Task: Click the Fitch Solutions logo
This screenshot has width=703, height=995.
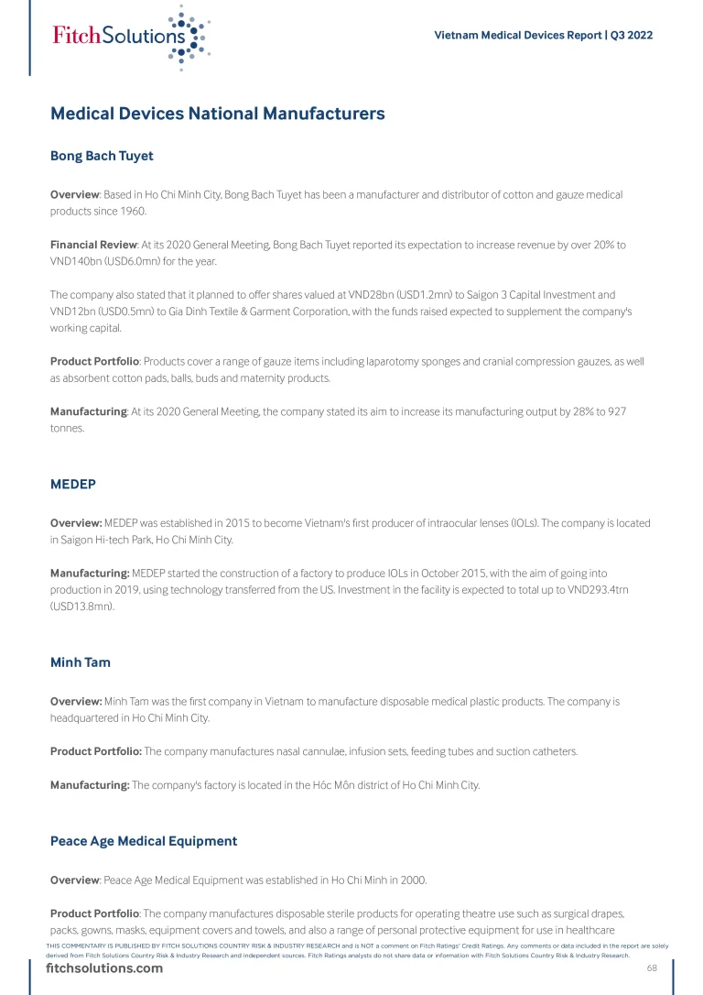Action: tap(131, 37)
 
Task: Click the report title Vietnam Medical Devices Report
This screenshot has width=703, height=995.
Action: tap(517, 36)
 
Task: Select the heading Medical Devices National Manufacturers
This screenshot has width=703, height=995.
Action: tap(218, 115)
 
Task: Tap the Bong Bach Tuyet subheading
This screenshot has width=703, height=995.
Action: tap(102, 156)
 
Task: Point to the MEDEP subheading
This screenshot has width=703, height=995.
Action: tap(73, 484)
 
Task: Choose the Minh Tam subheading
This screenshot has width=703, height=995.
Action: tap(81, 662)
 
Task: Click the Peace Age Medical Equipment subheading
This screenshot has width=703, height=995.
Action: tap(144, 841)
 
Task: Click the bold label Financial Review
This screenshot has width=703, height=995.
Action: tap(93, 246)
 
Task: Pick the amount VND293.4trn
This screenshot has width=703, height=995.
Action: tap(594, 589)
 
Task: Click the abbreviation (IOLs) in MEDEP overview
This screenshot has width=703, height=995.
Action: tap(519, 523)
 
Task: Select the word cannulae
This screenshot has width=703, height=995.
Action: tap(308, 752)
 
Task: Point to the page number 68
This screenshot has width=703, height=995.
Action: tap(653, 968)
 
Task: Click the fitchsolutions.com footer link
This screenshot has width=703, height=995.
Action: tap(104, 968)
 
